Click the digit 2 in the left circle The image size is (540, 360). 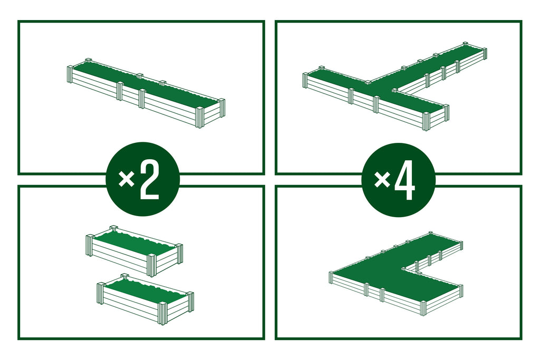(x=150, y=180)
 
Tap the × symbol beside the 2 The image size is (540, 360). (x=126, y=179)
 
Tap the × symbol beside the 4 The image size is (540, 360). (x=382, y=179)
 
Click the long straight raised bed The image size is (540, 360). (x=146, y=93)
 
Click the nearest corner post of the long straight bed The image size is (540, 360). (x=200, y=118)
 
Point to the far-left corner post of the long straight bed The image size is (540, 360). (x=70, y=74)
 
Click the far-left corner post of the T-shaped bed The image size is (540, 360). (x=306, y=81)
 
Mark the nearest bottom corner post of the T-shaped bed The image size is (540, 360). (x=426, y=121)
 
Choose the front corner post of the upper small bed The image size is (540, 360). (x=151, y=265)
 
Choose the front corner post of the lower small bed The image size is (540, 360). (x=162, y=314)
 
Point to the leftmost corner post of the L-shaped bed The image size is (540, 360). (x=331, y=277)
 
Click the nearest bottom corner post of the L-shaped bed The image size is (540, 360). (x=423, y=308)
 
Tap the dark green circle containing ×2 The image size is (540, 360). (x=142, y=179)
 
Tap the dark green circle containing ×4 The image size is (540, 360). (x=399, y=180)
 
